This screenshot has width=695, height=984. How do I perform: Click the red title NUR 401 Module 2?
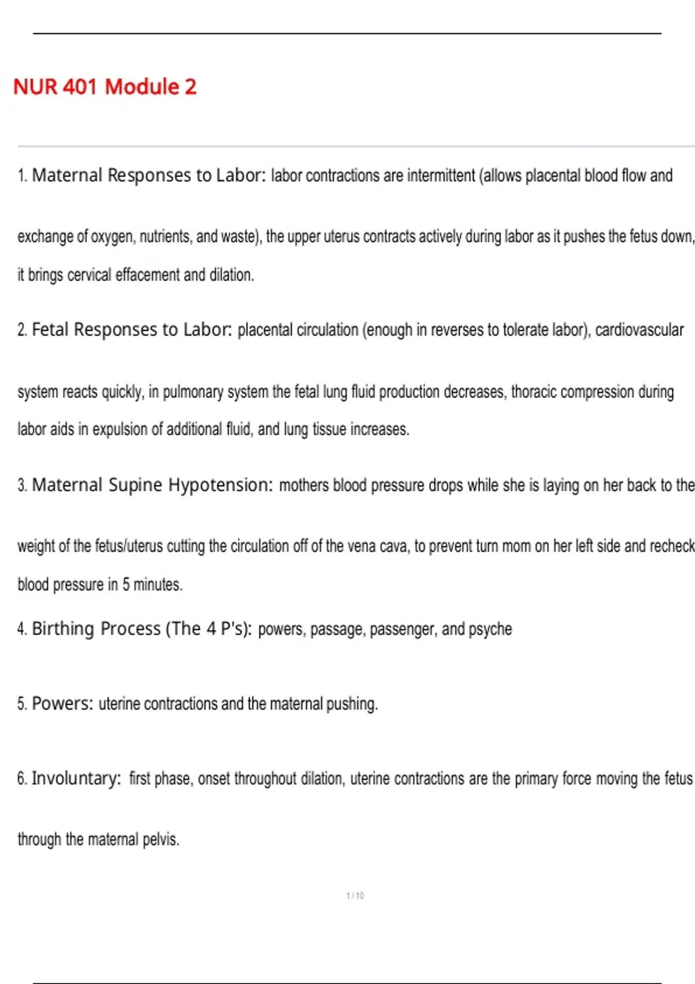click(x=105, y=87)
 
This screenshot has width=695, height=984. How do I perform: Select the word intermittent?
click(x=441, y=175)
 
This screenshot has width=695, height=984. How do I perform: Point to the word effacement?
click(x=148, y=275)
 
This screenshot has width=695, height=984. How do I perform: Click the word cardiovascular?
click(x=639, y=330)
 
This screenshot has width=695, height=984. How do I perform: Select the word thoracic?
click(x=533, y=392)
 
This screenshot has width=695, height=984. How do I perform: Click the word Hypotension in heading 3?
click(x=220, y=484)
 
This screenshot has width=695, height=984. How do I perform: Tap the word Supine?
click(x=135, y=484)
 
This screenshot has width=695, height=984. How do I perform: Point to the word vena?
click(x=361, y=546)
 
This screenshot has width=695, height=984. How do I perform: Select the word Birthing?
click(x=63, y=629)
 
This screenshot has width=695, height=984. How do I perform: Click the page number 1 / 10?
click(x=355, y=895)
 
